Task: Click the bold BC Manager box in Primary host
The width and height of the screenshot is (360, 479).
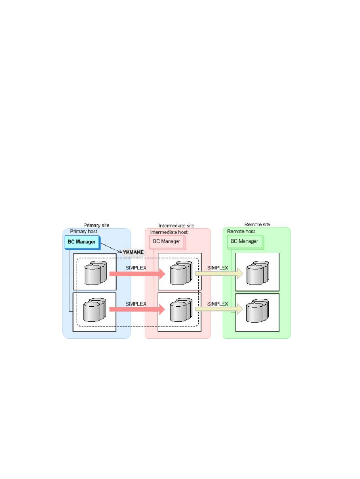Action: tap(83, 242)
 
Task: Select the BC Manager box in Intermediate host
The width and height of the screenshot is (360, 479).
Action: tap(168, 242)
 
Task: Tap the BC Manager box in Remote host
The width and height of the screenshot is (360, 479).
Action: tap(245, 242)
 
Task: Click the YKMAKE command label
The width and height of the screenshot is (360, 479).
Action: tap(133, 252)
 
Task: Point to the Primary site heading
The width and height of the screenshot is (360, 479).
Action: tap(97, 225)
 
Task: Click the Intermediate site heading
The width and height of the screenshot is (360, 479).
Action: tap(176, 226)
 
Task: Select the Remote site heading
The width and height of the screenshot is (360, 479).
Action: tap(257, 224)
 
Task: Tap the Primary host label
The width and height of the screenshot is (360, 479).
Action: tap(84, 231)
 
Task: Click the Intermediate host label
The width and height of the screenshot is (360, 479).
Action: tap(169, 232)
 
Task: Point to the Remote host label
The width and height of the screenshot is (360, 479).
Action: tap(241, 231)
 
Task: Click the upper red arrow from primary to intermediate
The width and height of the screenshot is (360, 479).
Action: tap(137, 274)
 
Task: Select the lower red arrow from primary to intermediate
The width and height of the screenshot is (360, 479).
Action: tap(137, 309)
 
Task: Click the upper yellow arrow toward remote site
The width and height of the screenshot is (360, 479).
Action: tap(219, 273)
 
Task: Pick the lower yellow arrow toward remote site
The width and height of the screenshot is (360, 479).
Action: tap(219, 309)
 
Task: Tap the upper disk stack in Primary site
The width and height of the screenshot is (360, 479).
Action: tap(95, 273)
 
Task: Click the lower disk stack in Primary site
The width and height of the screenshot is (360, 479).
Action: tap(95, 310)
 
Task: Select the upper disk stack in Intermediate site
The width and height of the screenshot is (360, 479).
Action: tap(181, 273)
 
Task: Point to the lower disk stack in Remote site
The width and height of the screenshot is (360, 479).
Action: tap(257, 310)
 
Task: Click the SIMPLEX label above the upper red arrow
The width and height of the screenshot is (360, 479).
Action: tap(136, 268)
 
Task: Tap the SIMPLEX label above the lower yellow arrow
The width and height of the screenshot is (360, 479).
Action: tap(217, 304)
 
